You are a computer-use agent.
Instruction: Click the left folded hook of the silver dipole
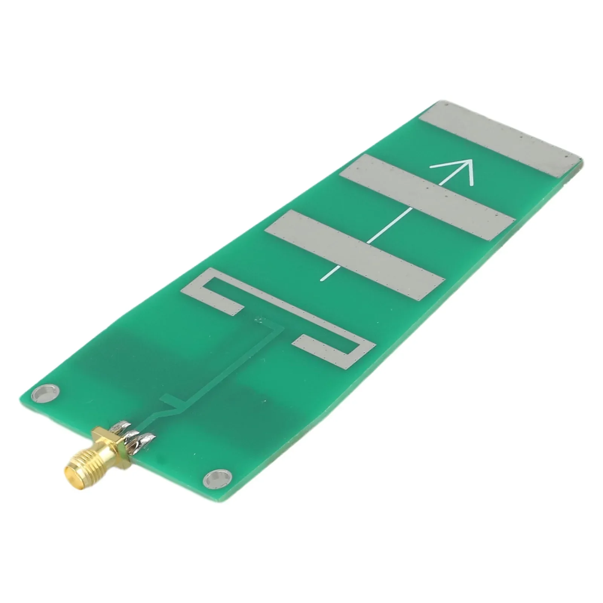(211, 292)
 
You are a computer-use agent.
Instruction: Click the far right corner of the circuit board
(582, 160)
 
